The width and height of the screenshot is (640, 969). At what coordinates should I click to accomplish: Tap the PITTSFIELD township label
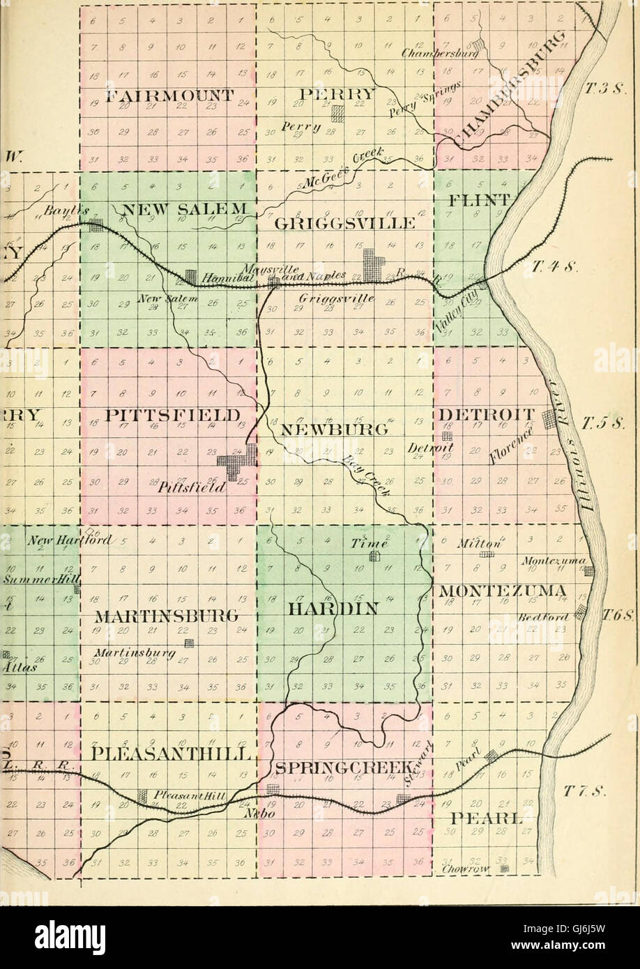167,415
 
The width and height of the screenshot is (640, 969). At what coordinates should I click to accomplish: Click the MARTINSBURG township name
167,616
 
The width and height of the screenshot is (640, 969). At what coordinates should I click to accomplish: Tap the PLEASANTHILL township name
167,755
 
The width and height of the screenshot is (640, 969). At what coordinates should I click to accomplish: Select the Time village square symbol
374,556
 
